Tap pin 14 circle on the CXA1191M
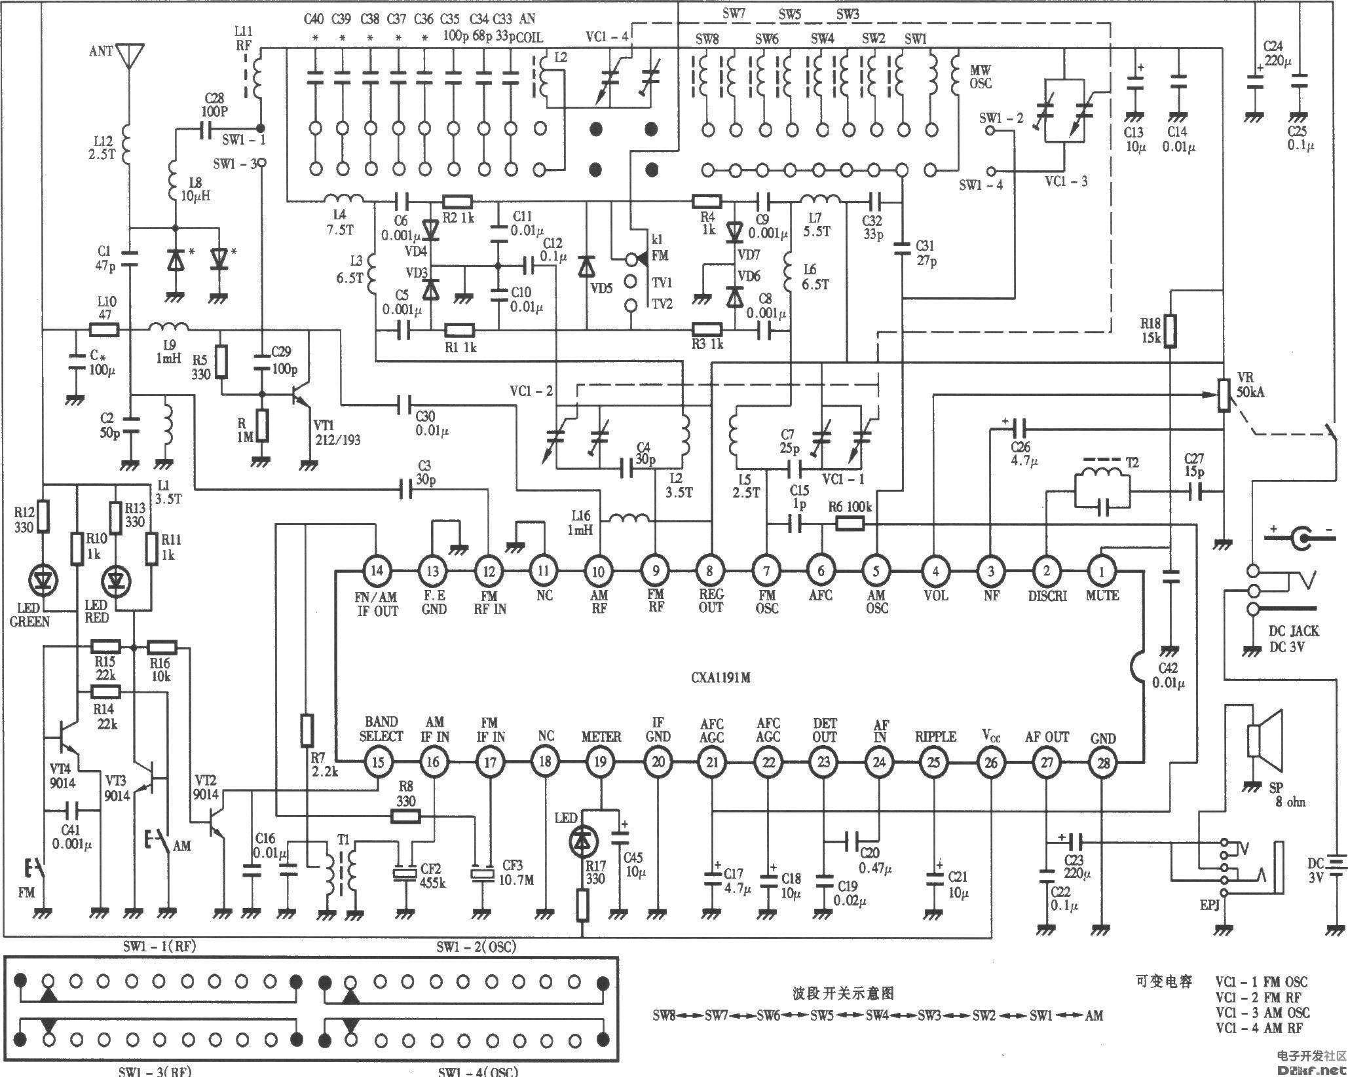pyautogui.click(x=377, y=571)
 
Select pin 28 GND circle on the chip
pyautogui.click(x=1102, y=762)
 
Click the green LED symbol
pyautogui.click(x=44, y=579)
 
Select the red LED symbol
pyautogui.click(x=117, y=580)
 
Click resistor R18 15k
pyautogui.click(x=1170, y=331)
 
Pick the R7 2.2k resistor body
pyautogui.click(x=307, y=731)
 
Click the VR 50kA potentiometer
pyautogui.click(x=1223, y=395)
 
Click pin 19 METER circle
pyautogui.click(x=601, y=762)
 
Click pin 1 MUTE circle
pyautogui.click(x=1102, y=571)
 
